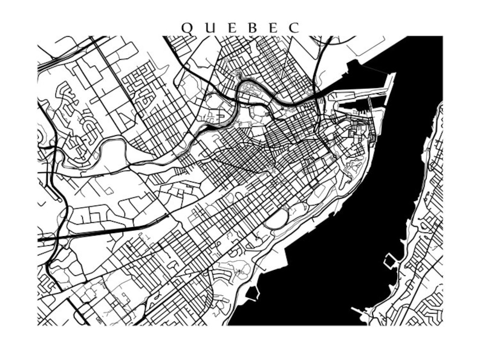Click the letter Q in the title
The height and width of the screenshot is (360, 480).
[186, 28]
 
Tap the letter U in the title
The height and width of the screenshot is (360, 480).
[209, 28]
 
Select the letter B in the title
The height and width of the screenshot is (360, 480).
[253, 28]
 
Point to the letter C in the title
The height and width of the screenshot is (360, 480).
[294, 28]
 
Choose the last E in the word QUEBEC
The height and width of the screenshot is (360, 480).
[273, 28]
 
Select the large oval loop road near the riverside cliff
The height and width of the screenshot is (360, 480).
[276, 220]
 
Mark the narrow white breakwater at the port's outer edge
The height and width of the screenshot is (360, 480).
[392, 91]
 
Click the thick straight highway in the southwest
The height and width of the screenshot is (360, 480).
[103, 232]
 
